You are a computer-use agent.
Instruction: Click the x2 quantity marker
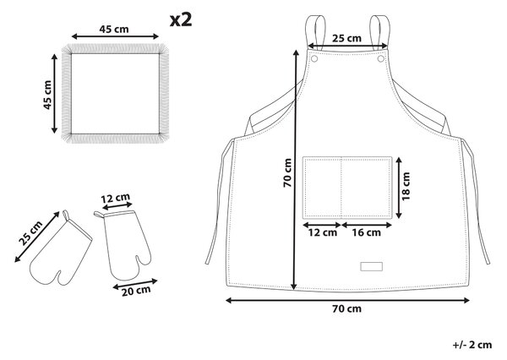coord(181,20)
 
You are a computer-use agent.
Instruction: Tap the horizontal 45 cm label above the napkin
coord(114,29)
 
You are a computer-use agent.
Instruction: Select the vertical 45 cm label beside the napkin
coord(47,95)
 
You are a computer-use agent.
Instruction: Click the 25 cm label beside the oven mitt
coord(30,233)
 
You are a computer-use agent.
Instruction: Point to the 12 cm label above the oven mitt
coord(116,198)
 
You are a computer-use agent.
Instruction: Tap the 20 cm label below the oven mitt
coord(136,291)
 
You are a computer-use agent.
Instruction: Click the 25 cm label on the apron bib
coord(346,38)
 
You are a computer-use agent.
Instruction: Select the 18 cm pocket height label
coord(406,186)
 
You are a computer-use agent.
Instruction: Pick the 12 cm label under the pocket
coord(323,232)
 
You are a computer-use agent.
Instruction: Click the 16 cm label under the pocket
coord(367,232)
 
